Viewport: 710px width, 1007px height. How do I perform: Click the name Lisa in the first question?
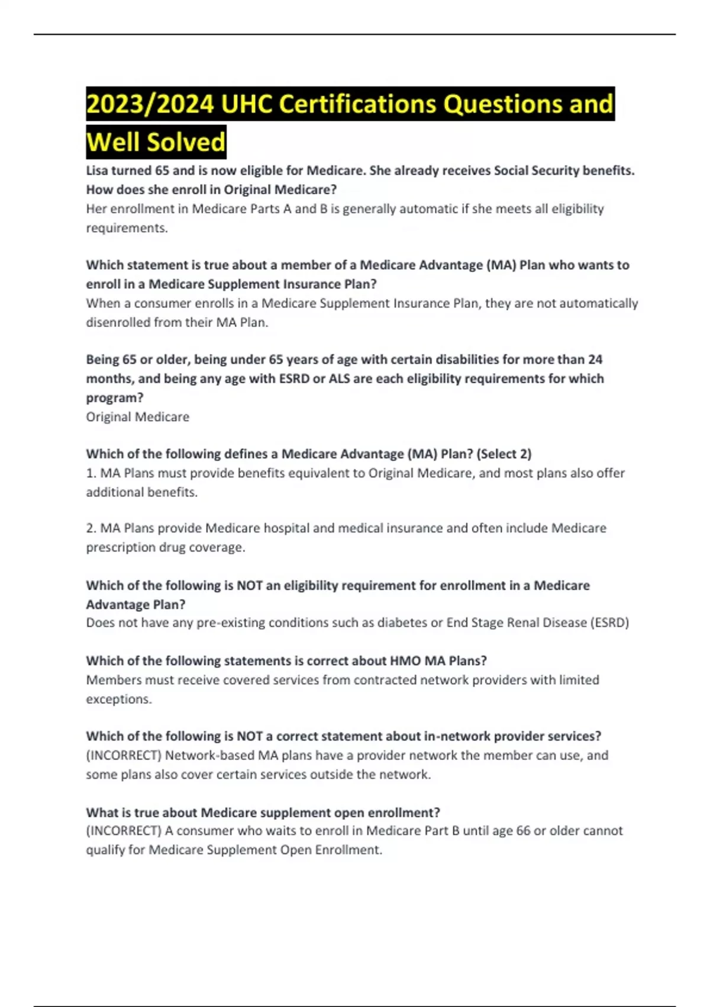[97, 171]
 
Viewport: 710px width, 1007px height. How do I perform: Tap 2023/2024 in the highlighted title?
[150, 104]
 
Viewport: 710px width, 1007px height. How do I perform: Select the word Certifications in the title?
[358, 104]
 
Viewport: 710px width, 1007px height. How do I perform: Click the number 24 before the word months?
[595, 360]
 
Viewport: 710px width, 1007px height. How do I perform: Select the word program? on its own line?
[115, 398]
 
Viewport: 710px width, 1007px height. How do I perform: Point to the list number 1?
[91, 473]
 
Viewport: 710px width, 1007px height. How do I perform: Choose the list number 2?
[91, 528]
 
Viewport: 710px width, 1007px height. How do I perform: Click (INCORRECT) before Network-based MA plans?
[124, 756]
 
